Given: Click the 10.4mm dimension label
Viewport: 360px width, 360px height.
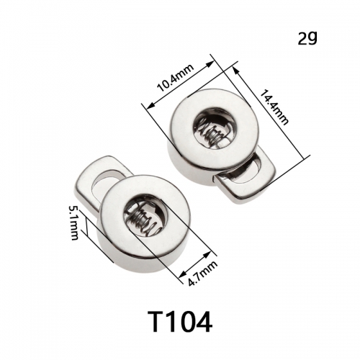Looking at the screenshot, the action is (176, 78).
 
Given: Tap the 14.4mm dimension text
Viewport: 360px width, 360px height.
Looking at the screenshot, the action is (274, 107).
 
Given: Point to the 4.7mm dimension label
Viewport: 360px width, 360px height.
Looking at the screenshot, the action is (203, 274).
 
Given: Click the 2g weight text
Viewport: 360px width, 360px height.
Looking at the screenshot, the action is (307, 38).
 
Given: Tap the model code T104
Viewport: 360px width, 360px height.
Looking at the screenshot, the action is (180, 321).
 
